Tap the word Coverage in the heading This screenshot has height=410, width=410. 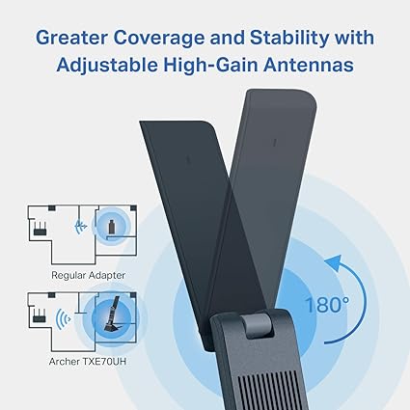tap(159, 38)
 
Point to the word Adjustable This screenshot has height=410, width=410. tap(107, 65)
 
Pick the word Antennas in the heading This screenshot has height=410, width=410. tap(309, 65)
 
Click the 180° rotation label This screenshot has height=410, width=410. tap(327, 305)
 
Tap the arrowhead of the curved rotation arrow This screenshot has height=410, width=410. tap(334, 261)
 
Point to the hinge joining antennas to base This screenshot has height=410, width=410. tap(258, 325)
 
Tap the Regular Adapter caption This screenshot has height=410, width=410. tap(88, 275)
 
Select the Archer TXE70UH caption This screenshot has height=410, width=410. tap(88, 362)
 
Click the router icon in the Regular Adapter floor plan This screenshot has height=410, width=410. tap(40, 229)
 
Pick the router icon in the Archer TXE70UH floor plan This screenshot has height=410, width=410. tap(40, 315)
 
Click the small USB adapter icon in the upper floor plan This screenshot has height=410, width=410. tap(111, 227)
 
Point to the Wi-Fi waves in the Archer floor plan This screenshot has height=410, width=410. tap(63, 319)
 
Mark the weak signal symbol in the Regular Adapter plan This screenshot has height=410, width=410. tap(81, 227)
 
